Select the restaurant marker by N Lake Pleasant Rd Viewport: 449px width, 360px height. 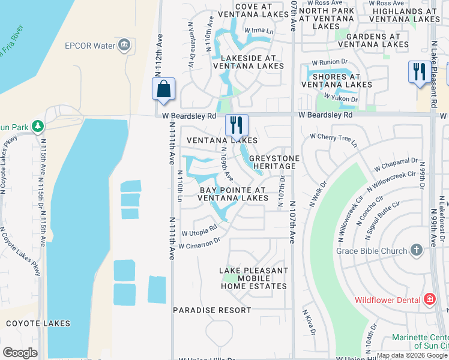(x=417, y=71)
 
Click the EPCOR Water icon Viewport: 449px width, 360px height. (x=124, y=44)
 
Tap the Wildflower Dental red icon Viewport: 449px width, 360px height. (x=429, y=299)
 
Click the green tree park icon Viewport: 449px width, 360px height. (x=38, y=125)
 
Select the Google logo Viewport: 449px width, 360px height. (x=20, y=353)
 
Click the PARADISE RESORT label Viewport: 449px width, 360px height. (x=212, y=310)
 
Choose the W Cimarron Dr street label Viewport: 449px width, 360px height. (x=200, y=242)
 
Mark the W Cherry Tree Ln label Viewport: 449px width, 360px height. (x=333, y=140)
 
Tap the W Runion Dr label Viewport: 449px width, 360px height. (x=330, y=62)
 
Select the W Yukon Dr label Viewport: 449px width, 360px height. (x=340, y=97)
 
